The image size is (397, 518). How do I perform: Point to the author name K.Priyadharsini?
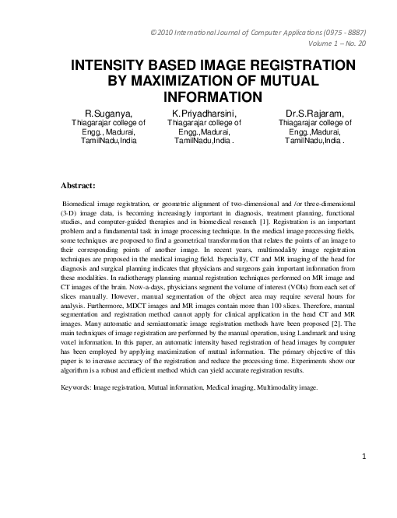click(x=205, y=114)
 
